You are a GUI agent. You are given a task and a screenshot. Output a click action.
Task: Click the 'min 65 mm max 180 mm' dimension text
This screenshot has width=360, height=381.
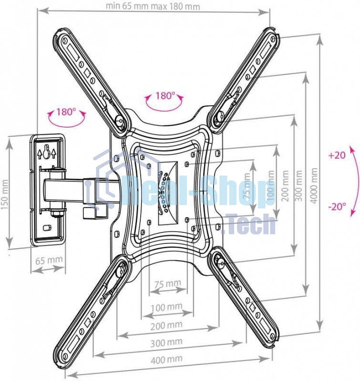(x=153, y=7)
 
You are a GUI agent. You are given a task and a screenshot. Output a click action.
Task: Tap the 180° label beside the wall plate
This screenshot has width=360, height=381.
(x=66, y=112)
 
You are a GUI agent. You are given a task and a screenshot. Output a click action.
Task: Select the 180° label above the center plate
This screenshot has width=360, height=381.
(x=165, y=96)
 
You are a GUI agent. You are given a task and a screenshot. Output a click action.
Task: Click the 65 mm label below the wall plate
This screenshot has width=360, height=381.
(x=49, y=260)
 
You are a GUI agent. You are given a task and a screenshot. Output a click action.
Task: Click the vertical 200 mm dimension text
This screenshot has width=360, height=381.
(x=285, y=190)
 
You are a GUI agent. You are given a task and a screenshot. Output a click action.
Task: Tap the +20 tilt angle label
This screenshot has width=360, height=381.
(x=337, y=156)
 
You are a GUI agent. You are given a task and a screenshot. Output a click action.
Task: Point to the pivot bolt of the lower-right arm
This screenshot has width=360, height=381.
(x=218, y=260)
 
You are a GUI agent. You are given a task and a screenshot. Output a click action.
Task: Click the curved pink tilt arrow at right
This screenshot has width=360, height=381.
(x=354, y=181)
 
